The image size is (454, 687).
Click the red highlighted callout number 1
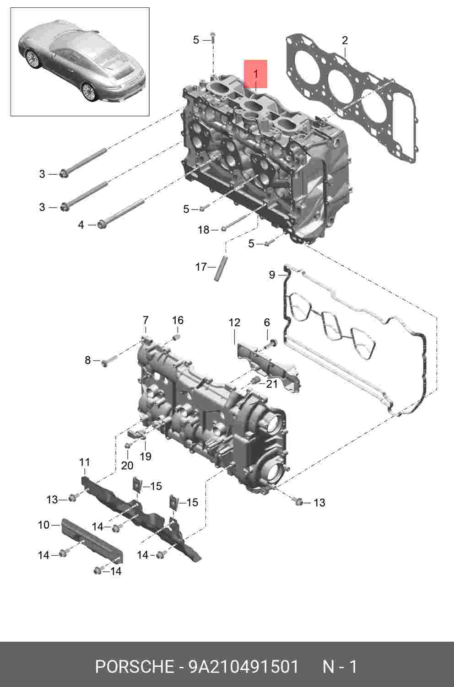255,74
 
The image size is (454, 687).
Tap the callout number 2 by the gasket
345,41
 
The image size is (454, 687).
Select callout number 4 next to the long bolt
81,225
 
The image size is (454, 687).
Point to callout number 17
201,267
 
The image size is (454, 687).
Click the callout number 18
204,230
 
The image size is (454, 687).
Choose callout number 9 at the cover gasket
272,274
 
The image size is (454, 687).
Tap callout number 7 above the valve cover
146,320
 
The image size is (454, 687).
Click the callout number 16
178,320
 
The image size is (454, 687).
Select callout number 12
234,322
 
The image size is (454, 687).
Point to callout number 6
267,322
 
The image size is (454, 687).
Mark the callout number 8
88,360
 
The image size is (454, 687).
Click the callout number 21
271,384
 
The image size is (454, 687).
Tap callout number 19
146,456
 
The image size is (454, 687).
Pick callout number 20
127,465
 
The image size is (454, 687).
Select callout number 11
84,462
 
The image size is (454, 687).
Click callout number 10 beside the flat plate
43,525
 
